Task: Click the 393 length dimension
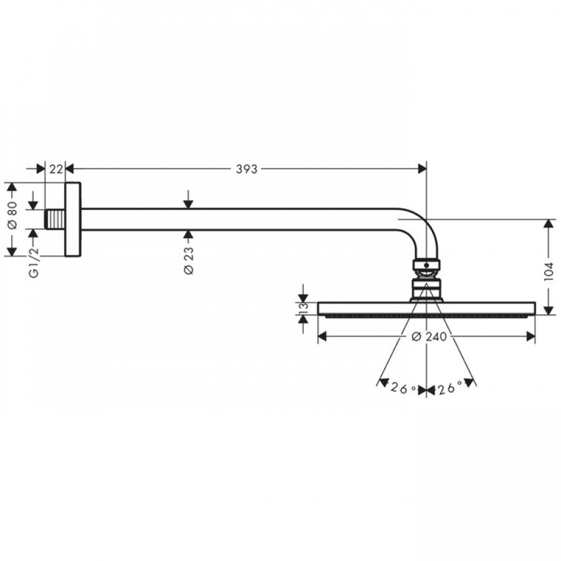tap(246, 169)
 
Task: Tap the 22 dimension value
tap(56, 169)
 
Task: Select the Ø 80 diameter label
tap(12, 215)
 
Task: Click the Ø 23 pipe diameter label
tap(188, 261)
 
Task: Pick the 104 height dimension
tap(549, 272)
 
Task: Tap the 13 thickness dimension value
tap(303, 308)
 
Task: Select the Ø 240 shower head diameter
tap(429, 337)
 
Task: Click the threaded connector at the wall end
tap(55, 219)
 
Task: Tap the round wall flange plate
tap(73, 219)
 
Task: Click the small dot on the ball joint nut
tap(426, 266)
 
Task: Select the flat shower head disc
tap(426, 309)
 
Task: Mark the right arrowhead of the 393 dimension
tap(422, 169)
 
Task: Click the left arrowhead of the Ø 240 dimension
tap(322, 337)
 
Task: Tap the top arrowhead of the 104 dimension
tap(548, 224)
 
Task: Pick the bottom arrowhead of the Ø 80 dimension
tap(12, 252)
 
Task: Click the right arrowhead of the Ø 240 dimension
tap(530, 337)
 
